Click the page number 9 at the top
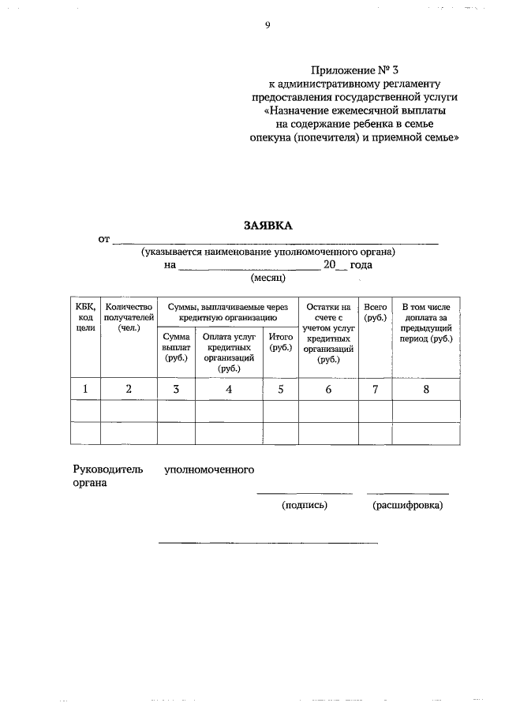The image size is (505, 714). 267,25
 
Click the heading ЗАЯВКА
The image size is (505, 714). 267,225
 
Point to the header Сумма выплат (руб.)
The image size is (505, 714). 176,347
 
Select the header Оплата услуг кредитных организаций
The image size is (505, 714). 229,352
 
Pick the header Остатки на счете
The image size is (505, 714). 327,332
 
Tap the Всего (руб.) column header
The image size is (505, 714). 376,311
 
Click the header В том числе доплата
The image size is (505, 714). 425,322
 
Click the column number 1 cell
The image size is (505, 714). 85,389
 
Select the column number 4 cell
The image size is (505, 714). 229,389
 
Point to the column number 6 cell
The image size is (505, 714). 327,389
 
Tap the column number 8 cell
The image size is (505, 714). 425,389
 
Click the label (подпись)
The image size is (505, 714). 304,506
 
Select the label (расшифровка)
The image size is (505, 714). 407,506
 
